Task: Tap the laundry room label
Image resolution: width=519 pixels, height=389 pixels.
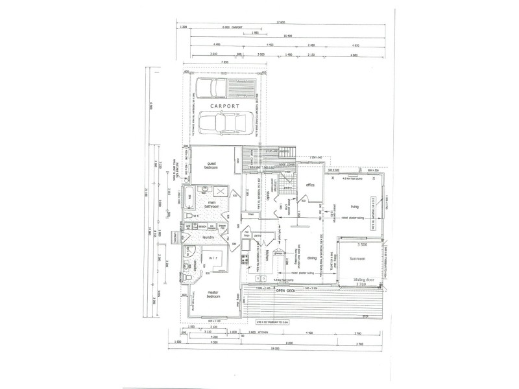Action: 208,237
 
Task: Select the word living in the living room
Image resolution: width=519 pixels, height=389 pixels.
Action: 354,207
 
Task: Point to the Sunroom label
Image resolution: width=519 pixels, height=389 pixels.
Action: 357,257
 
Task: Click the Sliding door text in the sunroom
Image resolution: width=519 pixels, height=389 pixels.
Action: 363,280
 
